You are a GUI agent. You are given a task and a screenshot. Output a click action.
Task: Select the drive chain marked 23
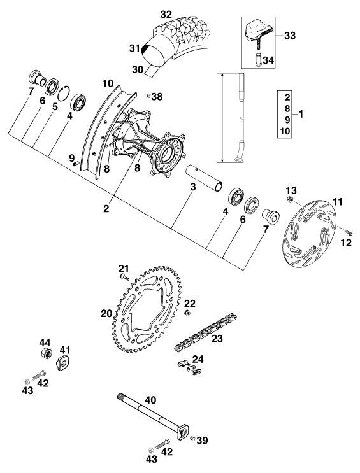click(x=205, y=332)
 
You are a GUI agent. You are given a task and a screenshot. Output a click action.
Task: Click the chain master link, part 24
click(x=189, y=367)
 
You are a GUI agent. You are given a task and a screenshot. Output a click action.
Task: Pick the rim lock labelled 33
click(x=259, y=32)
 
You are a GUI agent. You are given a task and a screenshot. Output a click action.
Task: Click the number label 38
click(x=157, y=97)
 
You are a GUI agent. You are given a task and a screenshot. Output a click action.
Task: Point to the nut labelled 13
click(x=289, y=199)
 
